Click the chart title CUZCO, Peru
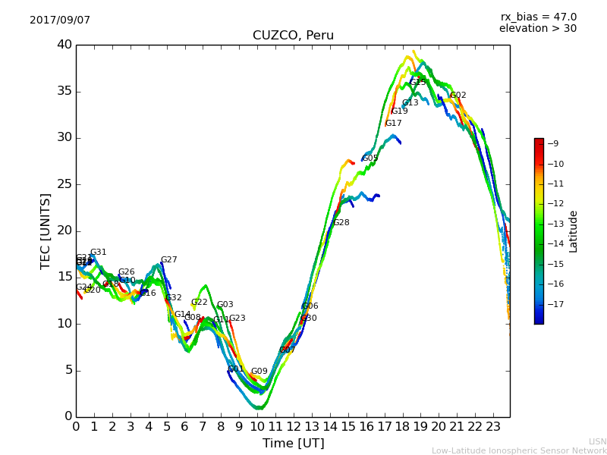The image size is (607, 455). point(293,36)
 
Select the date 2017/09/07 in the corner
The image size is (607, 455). point(60,20)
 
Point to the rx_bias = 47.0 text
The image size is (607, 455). point(538,17)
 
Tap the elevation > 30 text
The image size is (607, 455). point(537,29)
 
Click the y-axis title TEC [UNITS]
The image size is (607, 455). point(46,231)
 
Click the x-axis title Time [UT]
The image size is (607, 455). point(293,443)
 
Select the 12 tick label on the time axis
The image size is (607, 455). point(293,426)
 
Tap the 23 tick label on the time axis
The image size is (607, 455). point(492,426)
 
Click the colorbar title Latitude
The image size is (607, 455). point(574,231)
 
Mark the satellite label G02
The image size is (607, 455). point(458,96)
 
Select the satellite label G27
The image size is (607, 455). point(168,260)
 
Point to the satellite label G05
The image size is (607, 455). point(370,158)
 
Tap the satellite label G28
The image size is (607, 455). point(341,223)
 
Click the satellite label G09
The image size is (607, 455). point(259,372)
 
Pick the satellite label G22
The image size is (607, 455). point(199,303)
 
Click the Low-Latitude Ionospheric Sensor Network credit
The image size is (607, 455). point(519,451)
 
